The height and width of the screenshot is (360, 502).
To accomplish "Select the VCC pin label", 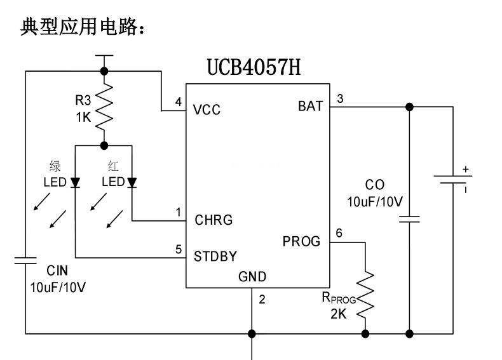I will tap(207, 110).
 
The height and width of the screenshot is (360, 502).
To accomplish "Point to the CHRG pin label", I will tap(213, 220).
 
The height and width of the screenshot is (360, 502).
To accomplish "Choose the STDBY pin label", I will tap(215, 257).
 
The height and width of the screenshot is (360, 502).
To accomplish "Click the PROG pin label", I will tap(302, 241).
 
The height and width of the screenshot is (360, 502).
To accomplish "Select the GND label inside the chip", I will tap(252, 277).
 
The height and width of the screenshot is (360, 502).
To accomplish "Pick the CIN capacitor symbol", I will tap(25, 260).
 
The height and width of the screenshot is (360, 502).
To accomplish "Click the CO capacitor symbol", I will tap(409, 220).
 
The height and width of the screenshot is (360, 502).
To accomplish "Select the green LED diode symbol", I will tap(75, 183).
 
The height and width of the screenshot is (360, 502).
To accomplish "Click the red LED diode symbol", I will tap(132, 183).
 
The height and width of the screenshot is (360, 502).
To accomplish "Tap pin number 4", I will tap(178, 102).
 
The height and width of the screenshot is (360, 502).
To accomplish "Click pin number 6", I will tap(339, 233).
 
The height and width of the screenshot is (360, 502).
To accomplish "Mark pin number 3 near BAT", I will tap(340, 98).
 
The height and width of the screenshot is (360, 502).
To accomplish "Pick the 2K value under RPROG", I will tap(339, 314).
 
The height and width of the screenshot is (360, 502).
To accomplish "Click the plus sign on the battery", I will tap(466, 169).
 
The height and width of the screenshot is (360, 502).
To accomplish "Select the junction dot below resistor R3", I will tap(104, 145).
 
